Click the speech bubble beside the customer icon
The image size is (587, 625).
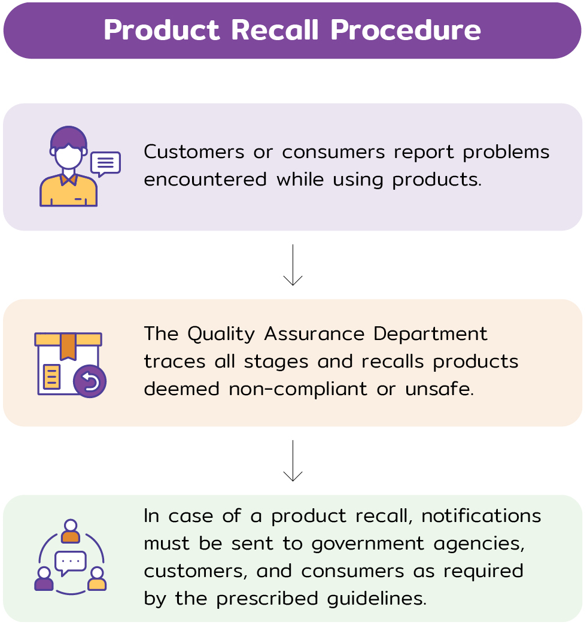[106, 163]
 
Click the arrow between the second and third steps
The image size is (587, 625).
[293, 460]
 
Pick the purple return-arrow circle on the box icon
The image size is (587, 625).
[90, 381]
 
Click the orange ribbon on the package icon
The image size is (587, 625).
[68, 347]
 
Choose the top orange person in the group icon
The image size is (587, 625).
[71, 532]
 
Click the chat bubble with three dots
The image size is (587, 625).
[71, 563]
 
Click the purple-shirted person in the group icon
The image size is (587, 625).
[44, 580]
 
